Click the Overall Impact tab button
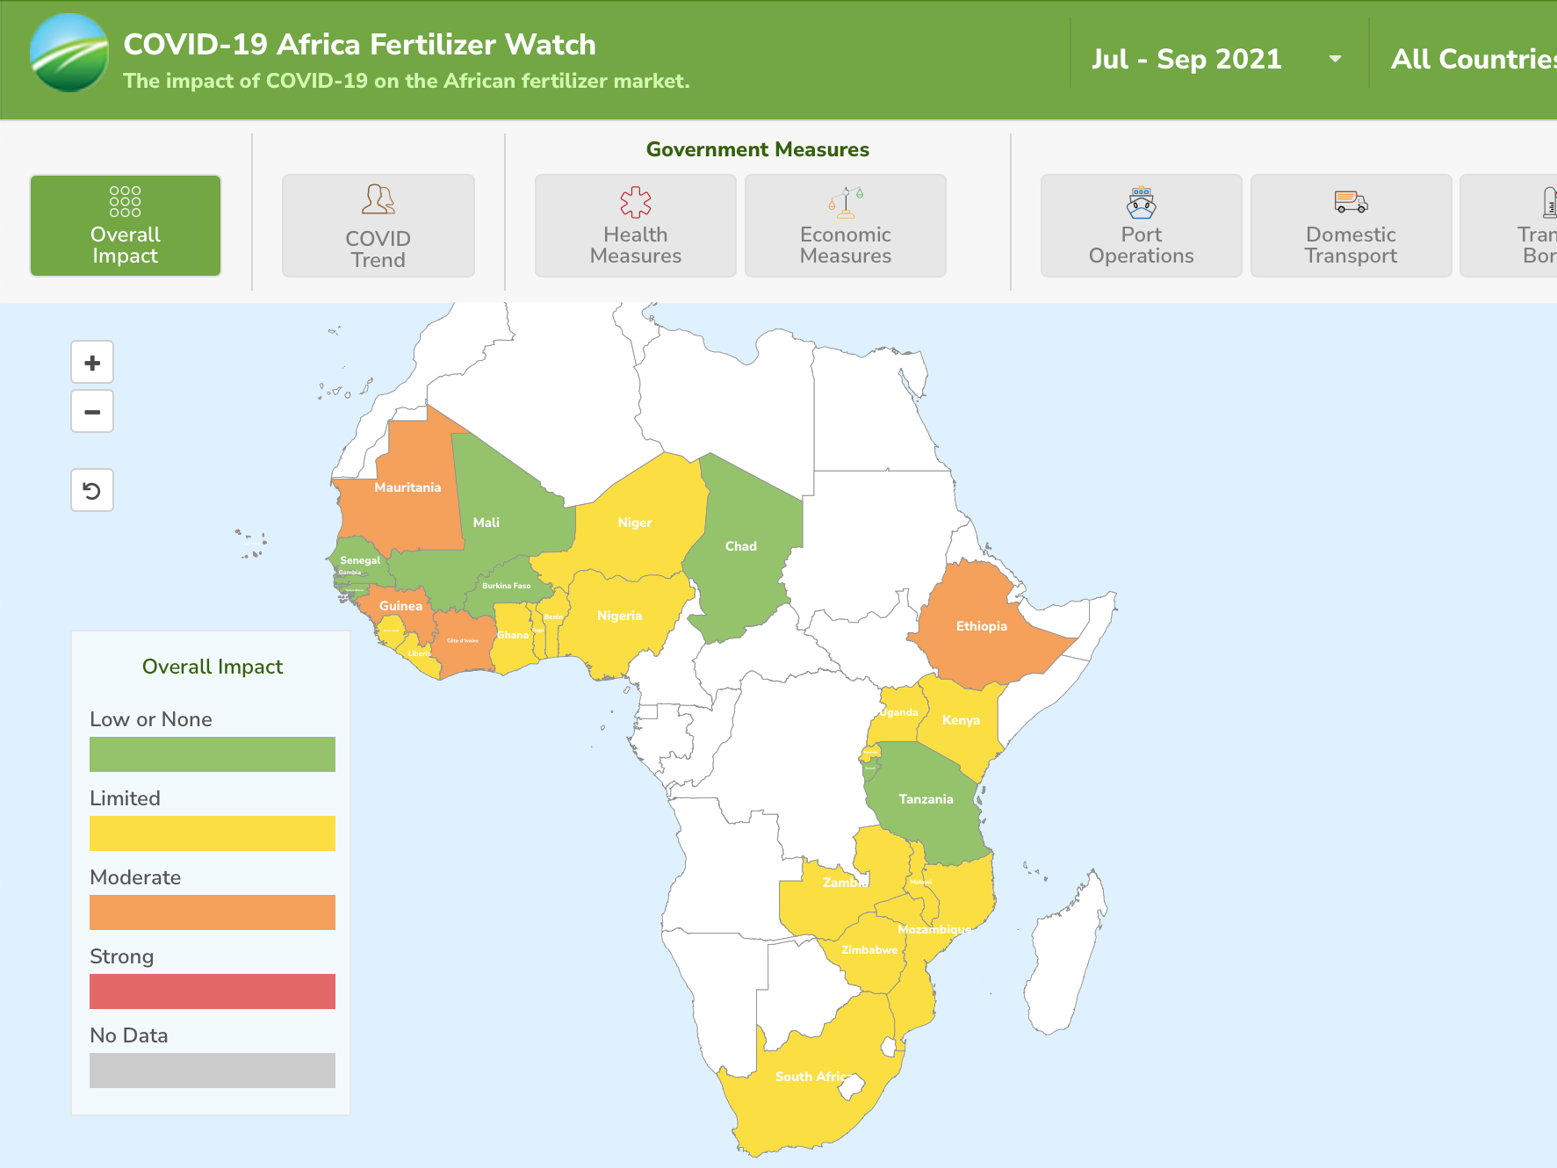pos(126,226)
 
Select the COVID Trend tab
pos(378,226)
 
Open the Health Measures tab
pos(635,226)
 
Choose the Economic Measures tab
pos(845,226)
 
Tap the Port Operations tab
pos(1141,226)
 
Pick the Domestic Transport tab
pos(1351,226)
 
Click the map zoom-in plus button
pos(92,363)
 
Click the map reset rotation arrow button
pos(92,490)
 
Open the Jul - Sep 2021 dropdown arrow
pos(1335,59)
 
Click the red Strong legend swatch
pos(213,991)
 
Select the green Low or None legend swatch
pos(213,754)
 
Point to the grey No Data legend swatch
pos(213,1071)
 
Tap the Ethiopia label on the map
pos(982,626)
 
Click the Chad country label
pos(741,546)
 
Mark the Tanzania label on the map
pos(926,799)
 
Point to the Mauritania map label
pos(407,487)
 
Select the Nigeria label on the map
pos(619,616)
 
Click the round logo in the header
pos(69,53)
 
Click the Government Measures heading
pos(757,149)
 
